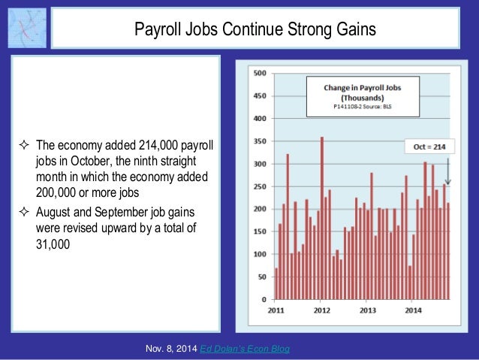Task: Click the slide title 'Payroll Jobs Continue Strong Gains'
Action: [x=255, y=29]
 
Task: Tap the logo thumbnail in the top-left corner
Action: [x=26, y=28]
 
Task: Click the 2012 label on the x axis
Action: [x=322, y=310]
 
